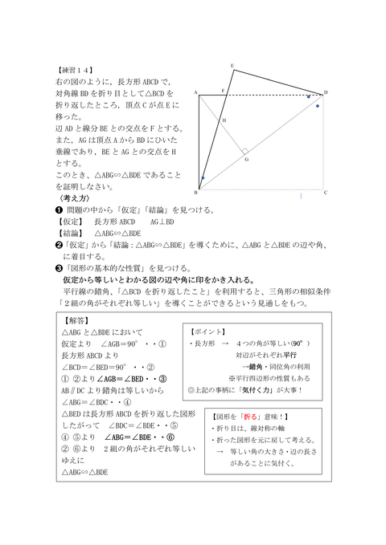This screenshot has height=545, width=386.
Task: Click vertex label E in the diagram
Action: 232,66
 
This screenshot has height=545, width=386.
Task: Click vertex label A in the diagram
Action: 195,92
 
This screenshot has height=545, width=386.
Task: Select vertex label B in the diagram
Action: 197,193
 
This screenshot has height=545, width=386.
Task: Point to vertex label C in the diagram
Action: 325,193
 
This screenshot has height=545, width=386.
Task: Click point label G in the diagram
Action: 246,159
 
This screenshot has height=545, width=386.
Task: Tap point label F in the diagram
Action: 223,92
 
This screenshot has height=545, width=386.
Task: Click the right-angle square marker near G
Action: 244,149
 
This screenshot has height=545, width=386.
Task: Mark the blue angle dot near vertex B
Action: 203,177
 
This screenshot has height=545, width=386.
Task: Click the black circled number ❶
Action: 47,210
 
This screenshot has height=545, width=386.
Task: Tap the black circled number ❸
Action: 47,268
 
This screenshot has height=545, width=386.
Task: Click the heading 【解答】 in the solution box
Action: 76,319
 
